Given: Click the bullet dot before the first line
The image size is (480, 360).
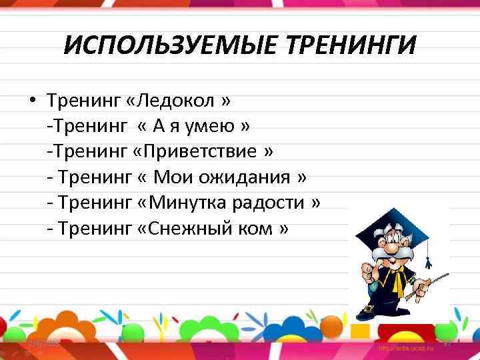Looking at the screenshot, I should click(x=31, y=101).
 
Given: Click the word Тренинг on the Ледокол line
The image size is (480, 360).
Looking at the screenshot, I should click(x=84, y=101).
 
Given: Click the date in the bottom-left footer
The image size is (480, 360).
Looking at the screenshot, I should click(x=43, y=344).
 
